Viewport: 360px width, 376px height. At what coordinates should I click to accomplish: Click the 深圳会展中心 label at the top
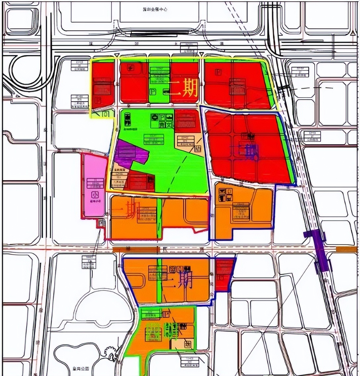pyautogui.click(x=153, y=10)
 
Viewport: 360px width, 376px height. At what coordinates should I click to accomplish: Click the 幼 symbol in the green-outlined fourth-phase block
pyautogui.click(x=188, y=345)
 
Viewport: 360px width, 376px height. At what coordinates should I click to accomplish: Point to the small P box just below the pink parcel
pyautogui.click(x=101, y=224)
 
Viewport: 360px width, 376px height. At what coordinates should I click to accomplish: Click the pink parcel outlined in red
pyautogui.click(x=94, y=185)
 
